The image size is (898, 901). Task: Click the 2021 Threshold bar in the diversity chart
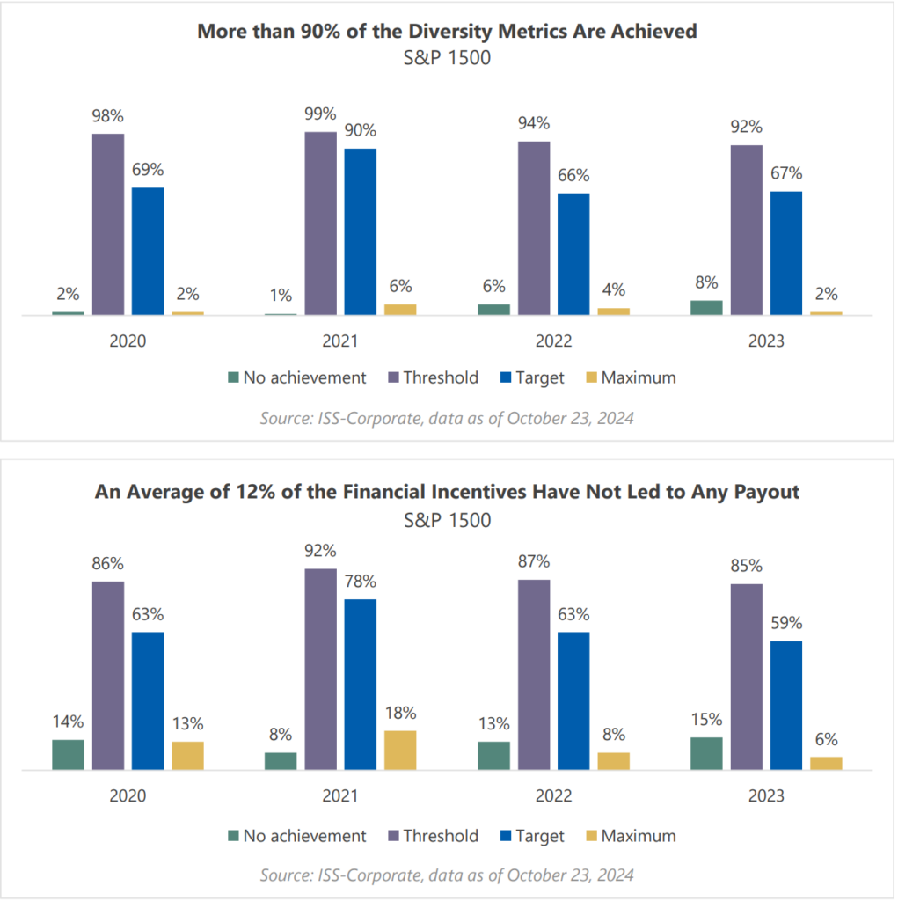[x=320, y=223]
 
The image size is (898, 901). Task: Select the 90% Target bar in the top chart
[x=360, y=231]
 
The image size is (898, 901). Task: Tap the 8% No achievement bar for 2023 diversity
[x=706, y=307]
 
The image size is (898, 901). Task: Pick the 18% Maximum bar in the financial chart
[x=400, y=751]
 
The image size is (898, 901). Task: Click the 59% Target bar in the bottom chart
[x=785, y=706]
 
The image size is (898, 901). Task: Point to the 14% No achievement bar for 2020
[x=68, y=755]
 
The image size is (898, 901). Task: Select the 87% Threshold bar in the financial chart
[x=533, y=675]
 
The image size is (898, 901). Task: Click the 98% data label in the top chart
[x=108, y=115]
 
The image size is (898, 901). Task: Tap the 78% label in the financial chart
[x=360, y=581]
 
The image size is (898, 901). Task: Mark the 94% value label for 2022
[x=533, y=122]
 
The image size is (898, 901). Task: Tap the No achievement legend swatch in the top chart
[x=233, y=378]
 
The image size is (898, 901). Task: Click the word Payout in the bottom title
[x=766, y=491]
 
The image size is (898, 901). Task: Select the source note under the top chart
[x=447, y=418]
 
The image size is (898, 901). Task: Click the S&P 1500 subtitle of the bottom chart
[x=447, y=520]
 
